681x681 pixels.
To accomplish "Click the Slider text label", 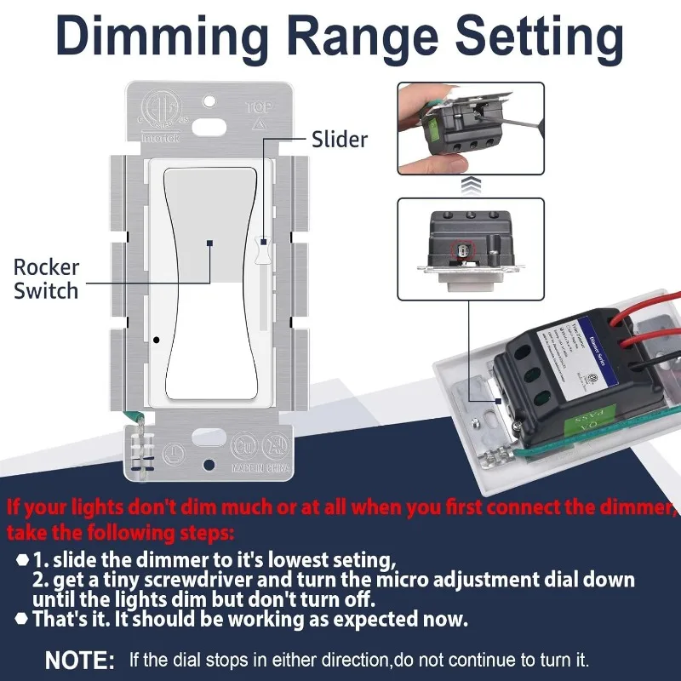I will tap(340, 139).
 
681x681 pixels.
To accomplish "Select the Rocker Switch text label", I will tap(46, 278).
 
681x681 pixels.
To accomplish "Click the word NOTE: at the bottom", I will tap(79, 660).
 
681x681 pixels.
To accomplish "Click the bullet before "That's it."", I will tap(21, 620).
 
